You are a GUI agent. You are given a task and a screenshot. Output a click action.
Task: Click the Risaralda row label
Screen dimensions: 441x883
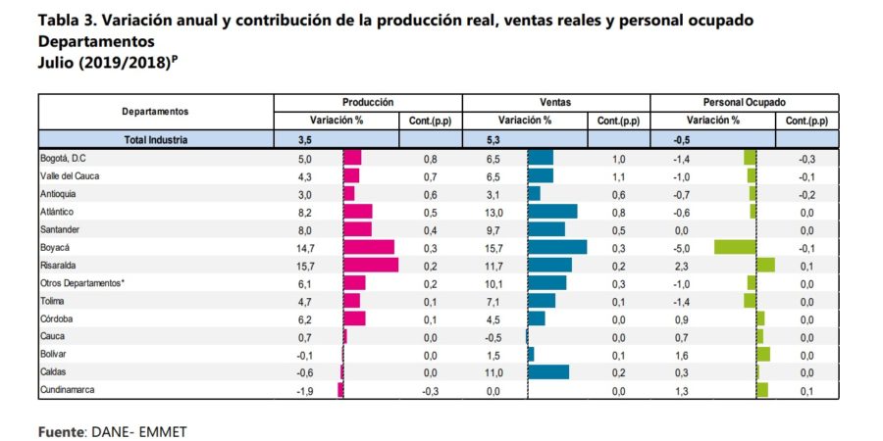[x=61, y=266]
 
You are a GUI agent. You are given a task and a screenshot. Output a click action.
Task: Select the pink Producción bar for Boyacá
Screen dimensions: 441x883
[x=368, y=247]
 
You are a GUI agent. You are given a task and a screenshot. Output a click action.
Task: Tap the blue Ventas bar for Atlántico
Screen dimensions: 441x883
[x=552, y=212]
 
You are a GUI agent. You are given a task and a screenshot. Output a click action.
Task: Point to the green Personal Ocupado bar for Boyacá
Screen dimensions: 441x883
[x=735, y=247]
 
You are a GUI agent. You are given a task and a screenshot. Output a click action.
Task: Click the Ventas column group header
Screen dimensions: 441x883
[x=555, y=102]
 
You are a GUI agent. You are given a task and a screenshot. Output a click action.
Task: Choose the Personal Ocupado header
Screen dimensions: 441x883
[x=744, y=102]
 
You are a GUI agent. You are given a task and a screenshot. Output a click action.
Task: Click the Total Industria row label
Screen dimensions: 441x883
[x=156, y=140]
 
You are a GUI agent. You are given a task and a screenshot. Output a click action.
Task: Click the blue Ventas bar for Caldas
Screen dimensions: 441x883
[x=548, y=372]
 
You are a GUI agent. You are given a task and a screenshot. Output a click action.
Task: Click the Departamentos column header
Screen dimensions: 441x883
[x=156, y=112]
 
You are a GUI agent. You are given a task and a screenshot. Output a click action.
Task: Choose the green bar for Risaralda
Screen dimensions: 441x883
[x=766, y=266]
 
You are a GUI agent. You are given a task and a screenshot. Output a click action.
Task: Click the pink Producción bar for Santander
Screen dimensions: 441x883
[x=357, y=229]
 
